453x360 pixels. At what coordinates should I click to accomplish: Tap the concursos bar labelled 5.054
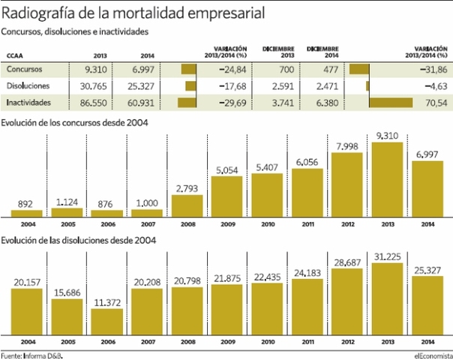coord(228,196)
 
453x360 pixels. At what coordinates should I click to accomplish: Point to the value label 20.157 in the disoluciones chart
coord(25,282)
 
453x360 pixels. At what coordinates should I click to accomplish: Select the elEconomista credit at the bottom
coord(431,355)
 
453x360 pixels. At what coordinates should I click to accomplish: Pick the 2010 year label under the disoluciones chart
coord(268,343)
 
